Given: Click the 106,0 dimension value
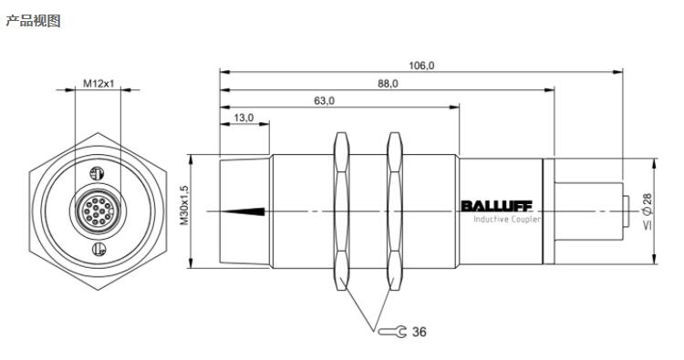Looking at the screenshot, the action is [421, 66].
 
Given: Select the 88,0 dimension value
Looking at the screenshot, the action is [388, 84].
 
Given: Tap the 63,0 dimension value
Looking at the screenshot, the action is [324, 101].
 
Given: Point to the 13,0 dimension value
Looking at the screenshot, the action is [244, 118].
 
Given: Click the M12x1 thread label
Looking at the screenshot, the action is [98, 83].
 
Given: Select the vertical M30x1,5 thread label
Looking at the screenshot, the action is [184, 205].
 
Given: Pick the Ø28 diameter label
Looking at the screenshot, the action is [648, 211].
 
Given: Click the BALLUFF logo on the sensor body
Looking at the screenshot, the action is [496, 206].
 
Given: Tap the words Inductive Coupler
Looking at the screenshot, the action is [507, 220].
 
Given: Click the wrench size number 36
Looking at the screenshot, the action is [420, 332].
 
